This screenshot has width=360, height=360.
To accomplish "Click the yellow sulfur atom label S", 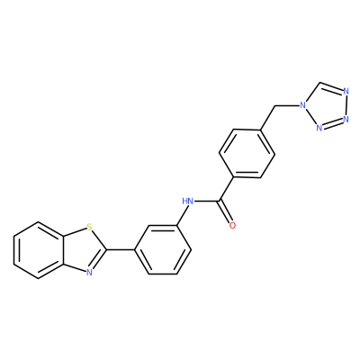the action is tap(89, 227).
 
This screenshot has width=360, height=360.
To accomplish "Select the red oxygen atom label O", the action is tap(232, 226).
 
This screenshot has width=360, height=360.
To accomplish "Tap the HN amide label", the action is tap(187, 201).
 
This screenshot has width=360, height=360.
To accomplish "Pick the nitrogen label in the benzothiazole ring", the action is tap(89, 272).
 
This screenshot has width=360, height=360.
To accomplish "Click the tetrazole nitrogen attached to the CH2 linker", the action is tap(303, 105).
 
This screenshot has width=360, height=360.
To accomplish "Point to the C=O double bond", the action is tap(226, 212).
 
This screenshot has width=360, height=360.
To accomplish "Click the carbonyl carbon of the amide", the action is tap(220, 201).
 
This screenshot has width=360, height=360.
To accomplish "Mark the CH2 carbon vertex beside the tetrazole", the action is tap(274, 105).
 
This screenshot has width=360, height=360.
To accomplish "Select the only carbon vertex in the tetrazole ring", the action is tap(319, 82).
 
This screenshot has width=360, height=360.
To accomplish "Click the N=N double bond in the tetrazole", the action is tap(332, 123).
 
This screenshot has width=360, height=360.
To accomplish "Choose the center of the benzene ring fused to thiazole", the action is tap(39, 249).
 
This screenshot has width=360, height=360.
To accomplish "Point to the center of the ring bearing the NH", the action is tap(163, 249).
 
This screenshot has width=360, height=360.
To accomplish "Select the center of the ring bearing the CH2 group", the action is tap(247, 153).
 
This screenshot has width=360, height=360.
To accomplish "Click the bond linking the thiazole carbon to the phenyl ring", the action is tap(121, 249).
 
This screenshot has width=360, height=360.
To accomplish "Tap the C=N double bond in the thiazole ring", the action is tap(99, 260).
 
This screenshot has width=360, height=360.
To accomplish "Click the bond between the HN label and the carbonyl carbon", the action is tap(206, 201).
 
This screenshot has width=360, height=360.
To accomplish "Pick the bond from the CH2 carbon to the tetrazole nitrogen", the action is tap(287, 105).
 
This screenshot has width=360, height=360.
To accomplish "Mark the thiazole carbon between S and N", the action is tap(106, 249).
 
